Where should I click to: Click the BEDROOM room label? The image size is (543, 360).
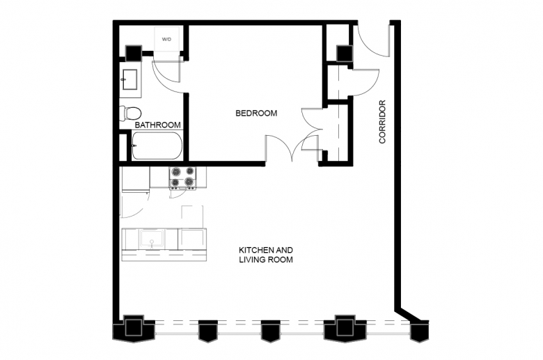pyautogui.click(x=256, y=114)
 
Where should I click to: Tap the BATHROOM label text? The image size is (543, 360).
pyautogui.click(x=157, y=125)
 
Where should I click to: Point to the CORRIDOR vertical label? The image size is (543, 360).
pyautogui.click(x=382, y=122)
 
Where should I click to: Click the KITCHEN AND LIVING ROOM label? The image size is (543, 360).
pyautogui.click(x=266, y=255)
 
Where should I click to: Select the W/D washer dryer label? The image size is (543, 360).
pyautogui.click(x=166, y=40)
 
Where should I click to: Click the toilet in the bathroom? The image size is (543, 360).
pyautogui.click(x=130, y=113)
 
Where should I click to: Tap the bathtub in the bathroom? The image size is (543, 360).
pyautogui.click(x=157, y=146)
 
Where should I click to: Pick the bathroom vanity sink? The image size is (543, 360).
pyautogui.click(x=129, y=79)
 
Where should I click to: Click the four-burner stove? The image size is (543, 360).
pyautogui.click(x=182, y=178)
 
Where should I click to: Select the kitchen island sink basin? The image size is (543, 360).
pyautogui.click(x=152, y=238)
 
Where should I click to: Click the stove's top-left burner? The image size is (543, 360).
pyautogui.click(x=176, y=171)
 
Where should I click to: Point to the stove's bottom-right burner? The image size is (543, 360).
pyautogui.click(x=189, y=182)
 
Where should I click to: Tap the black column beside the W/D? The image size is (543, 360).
pyautogui.click(x=134, y=53)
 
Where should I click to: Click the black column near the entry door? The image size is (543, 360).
pyautogui.click(x=345, y=54)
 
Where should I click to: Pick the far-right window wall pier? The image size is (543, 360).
pyautogui.click(x=419, y=331)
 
